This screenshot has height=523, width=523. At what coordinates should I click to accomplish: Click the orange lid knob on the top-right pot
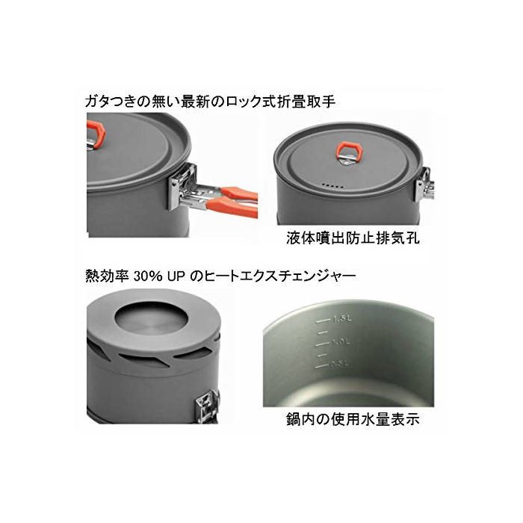[x=349, y=149]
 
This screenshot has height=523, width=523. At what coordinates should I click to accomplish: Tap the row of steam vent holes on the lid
[x=332, y=185]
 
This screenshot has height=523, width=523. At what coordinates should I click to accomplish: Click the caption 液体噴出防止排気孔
[x=353, y=238]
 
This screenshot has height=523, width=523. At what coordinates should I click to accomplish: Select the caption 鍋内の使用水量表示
[x=353, y=419]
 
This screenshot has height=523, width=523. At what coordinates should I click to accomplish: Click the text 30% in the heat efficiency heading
[x=148, y=276]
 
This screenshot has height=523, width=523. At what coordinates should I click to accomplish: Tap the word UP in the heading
[x=176, y=276]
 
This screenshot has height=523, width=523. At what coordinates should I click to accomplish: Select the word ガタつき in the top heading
[x=107, y=102]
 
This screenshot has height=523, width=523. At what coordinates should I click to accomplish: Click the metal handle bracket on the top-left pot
[x=183, y=188]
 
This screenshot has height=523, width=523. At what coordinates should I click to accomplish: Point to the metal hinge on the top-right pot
[x=424, y=185]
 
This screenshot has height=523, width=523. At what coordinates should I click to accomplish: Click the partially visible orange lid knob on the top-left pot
[x=96, y=134]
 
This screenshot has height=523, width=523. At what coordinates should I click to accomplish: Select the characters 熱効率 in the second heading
[x=107, y=276]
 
